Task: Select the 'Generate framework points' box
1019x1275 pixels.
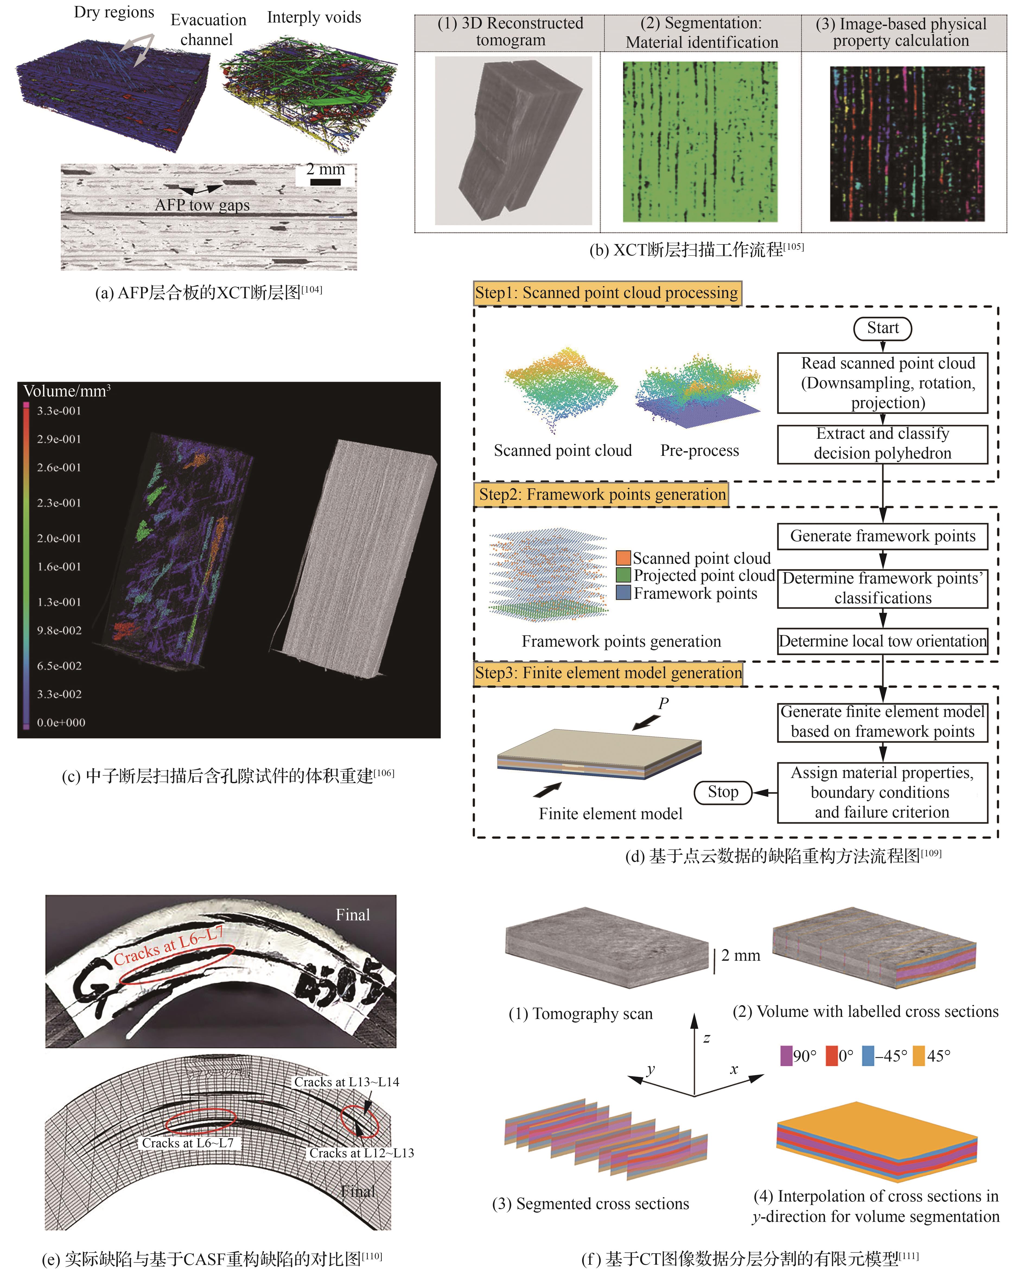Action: (x=882, y=536)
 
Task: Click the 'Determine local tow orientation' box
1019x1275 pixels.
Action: (x=882, y=641)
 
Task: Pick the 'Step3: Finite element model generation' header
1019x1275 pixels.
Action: (x=608, y=673)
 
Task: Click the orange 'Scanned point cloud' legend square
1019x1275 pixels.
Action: (x=623, y=558)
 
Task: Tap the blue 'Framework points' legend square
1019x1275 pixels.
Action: (x=623, y=592)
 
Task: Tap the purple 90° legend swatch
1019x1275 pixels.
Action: (x=786, y=1056)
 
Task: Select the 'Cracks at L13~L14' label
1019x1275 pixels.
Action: (x=347, y=1082)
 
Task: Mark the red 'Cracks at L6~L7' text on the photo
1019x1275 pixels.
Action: (x=169, y=946)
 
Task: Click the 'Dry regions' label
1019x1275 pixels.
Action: (x=114, y=12)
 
